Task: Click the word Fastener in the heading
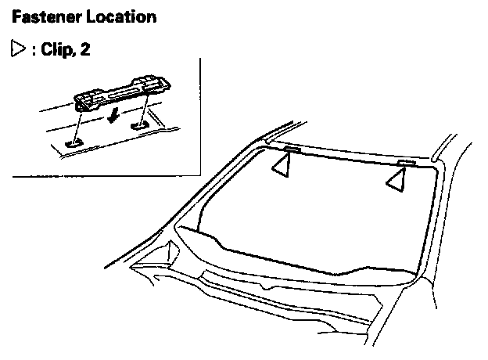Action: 41,16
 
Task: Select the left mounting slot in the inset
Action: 75,142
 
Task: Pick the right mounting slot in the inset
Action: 140,123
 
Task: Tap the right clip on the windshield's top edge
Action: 405,163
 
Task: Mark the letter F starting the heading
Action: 17,16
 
